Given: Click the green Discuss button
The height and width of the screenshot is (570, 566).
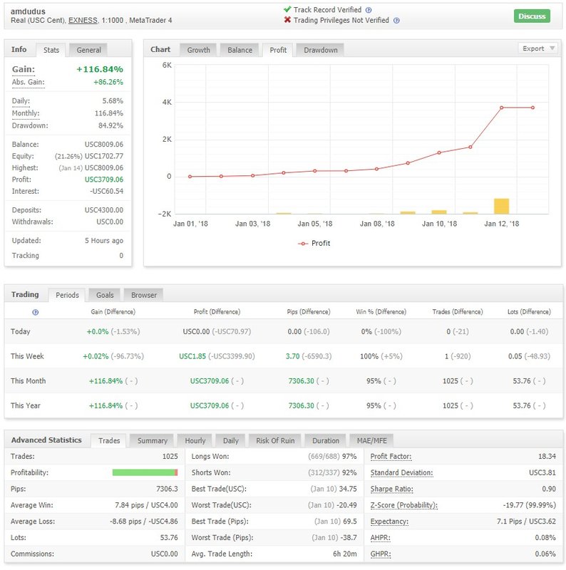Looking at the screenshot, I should tap(532, 16).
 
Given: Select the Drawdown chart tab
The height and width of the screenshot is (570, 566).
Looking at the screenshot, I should tap(320, 50).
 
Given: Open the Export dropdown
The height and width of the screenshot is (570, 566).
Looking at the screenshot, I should tap(538, 48).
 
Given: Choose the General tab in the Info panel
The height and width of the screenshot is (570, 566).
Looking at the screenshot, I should tap(89, 50).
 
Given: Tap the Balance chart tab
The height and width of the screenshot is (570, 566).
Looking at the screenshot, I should tap(240, 50).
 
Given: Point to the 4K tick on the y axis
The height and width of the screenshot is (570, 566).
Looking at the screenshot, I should tap(167, 102).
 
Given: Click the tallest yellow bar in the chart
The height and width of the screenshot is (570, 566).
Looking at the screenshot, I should tap(501, 206).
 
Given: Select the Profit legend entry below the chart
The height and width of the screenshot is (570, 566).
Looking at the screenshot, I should tap(314, 243).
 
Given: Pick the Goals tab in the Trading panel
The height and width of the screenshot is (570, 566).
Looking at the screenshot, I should tap(105, 295).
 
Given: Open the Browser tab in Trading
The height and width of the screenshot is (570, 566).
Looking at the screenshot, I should tap(143, 295).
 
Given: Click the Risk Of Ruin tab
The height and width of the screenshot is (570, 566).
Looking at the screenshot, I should tap(274, 440).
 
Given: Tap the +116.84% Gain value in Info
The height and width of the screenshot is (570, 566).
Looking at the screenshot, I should tap(99, 69).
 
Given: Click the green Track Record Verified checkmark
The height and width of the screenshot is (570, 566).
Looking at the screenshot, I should tap(287, 10).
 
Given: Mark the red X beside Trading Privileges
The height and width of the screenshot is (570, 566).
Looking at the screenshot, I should tap(287, 20).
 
